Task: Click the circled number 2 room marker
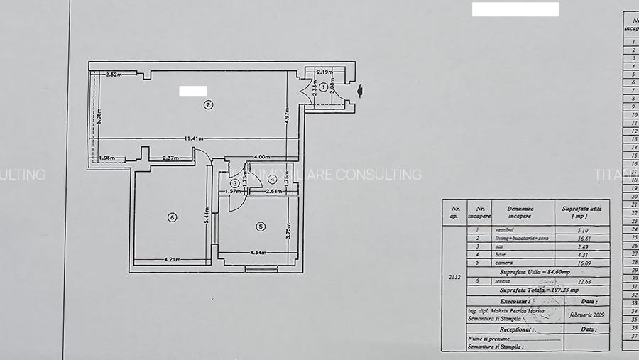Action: [x=208, y=106]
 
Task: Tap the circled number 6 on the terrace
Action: [x=172, y=217]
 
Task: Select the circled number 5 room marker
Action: [x=261, y=227]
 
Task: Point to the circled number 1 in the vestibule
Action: [x=323, y=87]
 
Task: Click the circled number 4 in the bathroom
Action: [x=272, y=179]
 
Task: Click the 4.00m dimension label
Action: [x=261, y=157]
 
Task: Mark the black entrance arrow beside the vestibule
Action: [x=361, y=89]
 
